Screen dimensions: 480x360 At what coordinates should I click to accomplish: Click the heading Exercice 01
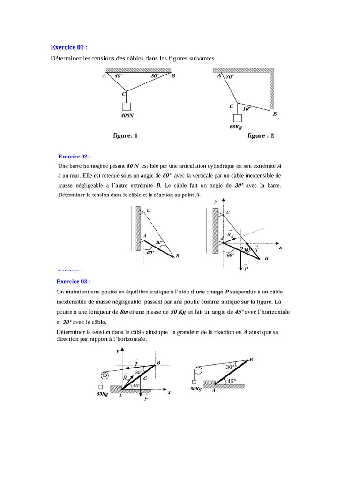pyautogui.click(x=69, y=47)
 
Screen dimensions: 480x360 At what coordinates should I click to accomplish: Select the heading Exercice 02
pyautogui.click(x=74, y=156)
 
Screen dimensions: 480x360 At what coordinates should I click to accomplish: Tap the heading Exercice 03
pyautogui.click(x=73, y=281)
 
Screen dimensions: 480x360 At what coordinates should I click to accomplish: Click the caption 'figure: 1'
pyautogui.click(x=126, y=136)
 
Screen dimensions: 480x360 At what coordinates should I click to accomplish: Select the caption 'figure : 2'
pyautogui.click(x=261, y=136)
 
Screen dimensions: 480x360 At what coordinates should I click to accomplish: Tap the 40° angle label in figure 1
pyautogui.click(x=118, y=75)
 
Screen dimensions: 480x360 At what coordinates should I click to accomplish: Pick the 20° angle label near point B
pyautogui.click(x=155, y=75)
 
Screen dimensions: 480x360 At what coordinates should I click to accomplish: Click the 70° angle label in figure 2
pyautogui.click(x=230, y=76)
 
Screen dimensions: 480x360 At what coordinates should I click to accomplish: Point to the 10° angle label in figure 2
pyautogui.click(x=247, y=108)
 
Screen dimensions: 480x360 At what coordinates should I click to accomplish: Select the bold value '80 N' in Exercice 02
pyautogui.click(x=133, y=166)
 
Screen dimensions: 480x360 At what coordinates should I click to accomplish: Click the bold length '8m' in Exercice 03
pyautogui.click(x=124, y=312)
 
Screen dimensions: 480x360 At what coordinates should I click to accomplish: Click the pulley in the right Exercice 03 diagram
pyautogui.click(x=198, y=371)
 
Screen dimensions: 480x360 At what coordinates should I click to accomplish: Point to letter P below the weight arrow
pyautogui.click(x=246, y=269)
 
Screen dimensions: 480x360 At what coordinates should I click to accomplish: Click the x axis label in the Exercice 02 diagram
pyautogui.click(x=280, y=247)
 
